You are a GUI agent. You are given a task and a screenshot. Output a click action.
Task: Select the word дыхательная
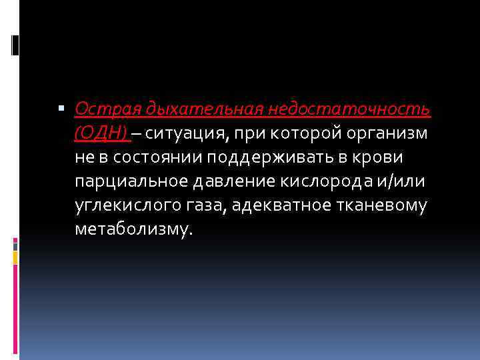(193, 109)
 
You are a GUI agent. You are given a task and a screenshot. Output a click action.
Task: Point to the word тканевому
(383, 206)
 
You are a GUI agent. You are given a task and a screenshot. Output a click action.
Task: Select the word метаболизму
(133, 230)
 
